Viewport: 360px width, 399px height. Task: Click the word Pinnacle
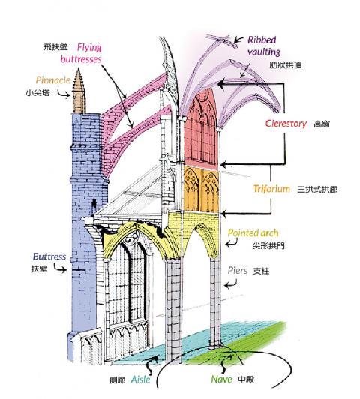[x=53, y=80]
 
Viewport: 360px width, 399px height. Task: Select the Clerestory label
[x=286, y=124]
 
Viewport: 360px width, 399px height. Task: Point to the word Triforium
[x=271, y=189]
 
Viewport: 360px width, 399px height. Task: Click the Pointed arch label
[x=253, y=232]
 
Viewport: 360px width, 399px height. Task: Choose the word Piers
[x=237, y=270]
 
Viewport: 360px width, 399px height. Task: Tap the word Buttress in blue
[x=49, y=256]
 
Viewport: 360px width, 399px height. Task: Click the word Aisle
[x=140, y=379]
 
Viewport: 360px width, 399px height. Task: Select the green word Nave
[x=221, y=379]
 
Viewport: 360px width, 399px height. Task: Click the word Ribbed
[x=262, y=40]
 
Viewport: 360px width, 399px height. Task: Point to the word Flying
[x=89, y=47]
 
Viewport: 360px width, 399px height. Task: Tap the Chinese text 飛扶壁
[x=55, y=47]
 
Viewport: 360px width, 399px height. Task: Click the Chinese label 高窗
[x=322, y=124]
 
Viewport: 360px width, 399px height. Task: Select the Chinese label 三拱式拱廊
[x=317, y=189]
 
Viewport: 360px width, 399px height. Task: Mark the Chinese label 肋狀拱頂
[x=286, y=65]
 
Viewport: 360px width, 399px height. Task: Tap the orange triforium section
[x=201, y=190]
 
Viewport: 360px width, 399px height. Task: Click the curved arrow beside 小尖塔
[x=63, y=94]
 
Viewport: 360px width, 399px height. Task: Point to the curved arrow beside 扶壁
[x=60, y=268]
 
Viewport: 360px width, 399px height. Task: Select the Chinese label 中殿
[x=246, y=379]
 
